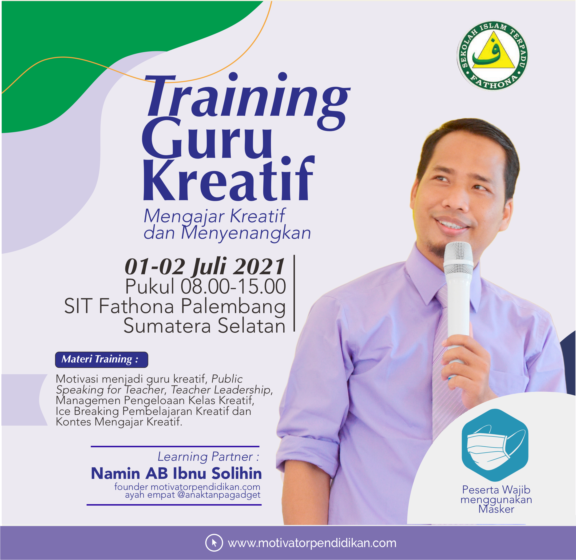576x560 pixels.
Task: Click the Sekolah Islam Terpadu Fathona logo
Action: click(492, 56)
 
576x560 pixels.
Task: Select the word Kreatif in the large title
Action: click(229, 178)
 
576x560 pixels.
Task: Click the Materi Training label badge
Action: click(102, 359)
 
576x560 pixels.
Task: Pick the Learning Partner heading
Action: click(208, 457)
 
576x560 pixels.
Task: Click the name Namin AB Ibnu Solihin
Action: click(176, 473)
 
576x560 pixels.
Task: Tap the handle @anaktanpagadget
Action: click(219, 495)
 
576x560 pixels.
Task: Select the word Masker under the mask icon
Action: click(496, 509)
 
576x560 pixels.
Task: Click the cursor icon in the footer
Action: click(214, 543)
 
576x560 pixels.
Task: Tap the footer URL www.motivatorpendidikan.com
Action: click(312, 543)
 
